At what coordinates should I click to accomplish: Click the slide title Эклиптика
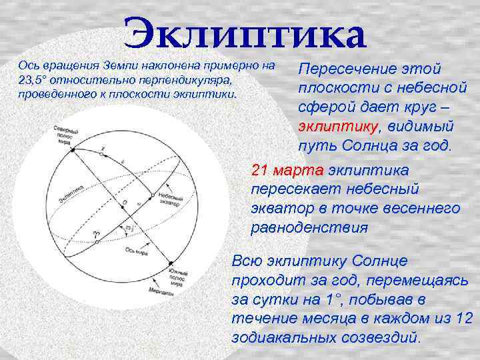[244, 34]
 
